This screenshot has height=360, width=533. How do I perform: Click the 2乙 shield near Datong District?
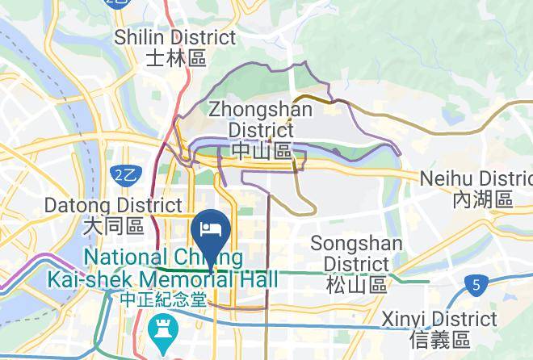click(x=124, y=174)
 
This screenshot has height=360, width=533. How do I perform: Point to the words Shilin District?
click(x=175, y=37)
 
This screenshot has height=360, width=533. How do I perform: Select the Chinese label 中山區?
click(x=261, y=151)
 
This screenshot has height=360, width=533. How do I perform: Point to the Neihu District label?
click(x=477, y=178)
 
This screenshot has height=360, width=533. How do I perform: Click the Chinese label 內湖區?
click(x=482, y=199)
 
